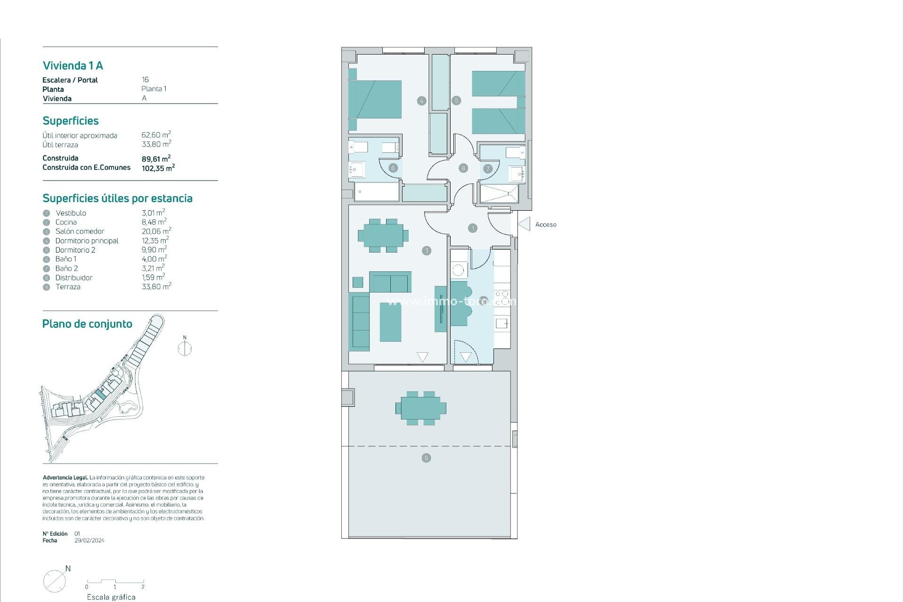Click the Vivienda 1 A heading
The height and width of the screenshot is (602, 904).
73,65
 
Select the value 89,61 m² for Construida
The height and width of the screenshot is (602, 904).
156,159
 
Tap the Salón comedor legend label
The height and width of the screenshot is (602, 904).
80,231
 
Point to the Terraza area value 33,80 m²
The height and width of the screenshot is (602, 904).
156,286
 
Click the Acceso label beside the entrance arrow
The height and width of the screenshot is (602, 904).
546,225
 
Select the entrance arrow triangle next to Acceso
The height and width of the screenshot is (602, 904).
524,224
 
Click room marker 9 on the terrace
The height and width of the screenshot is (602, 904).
426,458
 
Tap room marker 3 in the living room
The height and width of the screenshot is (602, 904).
427,251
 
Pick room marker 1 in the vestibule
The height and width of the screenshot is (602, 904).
473,228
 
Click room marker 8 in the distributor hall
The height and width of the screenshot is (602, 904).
463,168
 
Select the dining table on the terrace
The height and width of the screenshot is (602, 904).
421,408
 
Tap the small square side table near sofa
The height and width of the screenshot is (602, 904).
358,282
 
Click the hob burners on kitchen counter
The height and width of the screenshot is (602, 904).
502,298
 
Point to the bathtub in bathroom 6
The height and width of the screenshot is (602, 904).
376,192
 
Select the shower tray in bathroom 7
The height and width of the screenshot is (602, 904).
499,194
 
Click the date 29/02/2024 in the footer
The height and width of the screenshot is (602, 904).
89,540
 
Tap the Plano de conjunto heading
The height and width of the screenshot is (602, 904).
87,324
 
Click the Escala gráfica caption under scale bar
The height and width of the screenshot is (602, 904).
111,597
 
